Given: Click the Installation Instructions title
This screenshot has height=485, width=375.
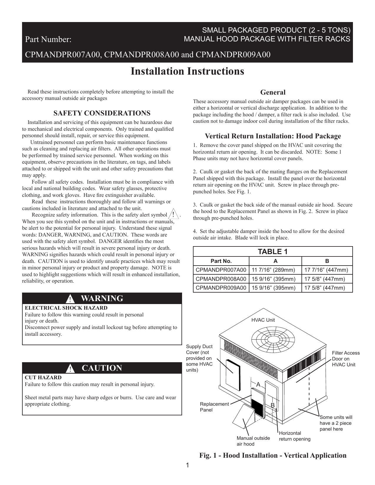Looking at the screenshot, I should (187, 71).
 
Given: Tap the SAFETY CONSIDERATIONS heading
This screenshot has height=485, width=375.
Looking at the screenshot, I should (102, 113).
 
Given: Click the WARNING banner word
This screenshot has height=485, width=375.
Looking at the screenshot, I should (102, 298).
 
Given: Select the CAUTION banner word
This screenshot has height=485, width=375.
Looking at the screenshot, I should (102, 368).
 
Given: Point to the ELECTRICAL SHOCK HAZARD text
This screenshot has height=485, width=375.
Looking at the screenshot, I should (66, 308).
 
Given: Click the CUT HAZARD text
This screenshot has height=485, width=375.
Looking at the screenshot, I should (43, 377).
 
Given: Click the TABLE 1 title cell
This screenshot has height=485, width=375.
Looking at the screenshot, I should (273, 251).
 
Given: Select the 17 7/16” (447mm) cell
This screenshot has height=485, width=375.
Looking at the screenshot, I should (326, 270).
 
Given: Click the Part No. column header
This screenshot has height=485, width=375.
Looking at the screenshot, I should (221, 261).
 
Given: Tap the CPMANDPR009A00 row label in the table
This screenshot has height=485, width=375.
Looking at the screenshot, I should (221, 288).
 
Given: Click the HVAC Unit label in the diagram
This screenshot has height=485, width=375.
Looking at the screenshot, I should (263, 320).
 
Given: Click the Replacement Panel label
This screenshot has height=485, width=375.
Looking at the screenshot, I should (214, 407).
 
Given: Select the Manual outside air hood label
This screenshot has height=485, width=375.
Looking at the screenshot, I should (253, 441).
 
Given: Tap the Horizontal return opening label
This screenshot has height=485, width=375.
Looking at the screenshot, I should (294, 436).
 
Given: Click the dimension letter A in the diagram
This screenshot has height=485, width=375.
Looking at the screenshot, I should (259, 385).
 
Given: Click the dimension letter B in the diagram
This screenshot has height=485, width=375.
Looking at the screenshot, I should (273, 405).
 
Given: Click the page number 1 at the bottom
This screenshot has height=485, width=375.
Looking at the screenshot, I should (187, 465).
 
